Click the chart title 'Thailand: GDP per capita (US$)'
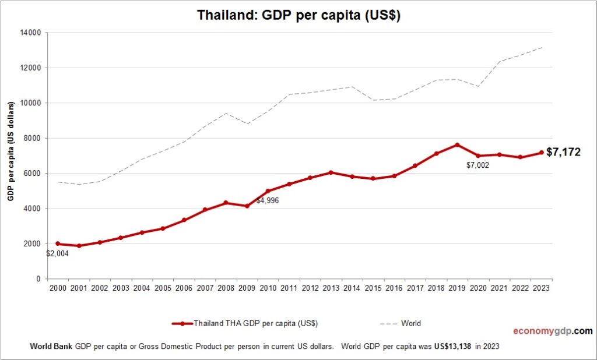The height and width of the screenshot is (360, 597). pos(298,15)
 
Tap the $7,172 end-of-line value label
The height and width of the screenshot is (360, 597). pos(563,153)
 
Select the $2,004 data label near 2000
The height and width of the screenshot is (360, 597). pos(58,253)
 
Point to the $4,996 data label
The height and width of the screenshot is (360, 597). pos(268,200)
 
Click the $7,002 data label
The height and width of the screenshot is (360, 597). pos(477,165)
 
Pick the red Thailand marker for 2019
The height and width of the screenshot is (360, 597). pos(457,144)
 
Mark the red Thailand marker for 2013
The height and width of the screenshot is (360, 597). pos(331,172)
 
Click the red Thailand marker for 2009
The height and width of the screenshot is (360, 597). pos(247,206)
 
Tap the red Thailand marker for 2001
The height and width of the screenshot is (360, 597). pos(79,246)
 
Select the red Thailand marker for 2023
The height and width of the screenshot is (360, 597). pos(541,153)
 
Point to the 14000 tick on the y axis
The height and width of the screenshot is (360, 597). pos(30,33)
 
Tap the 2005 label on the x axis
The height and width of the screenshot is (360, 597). pos(163,288)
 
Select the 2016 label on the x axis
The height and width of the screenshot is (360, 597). pos(394,288)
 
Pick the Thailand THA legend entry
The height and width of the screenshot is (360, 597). pos(245,323)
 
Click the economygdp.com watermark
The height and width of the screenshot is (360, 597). pos(553,331)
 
